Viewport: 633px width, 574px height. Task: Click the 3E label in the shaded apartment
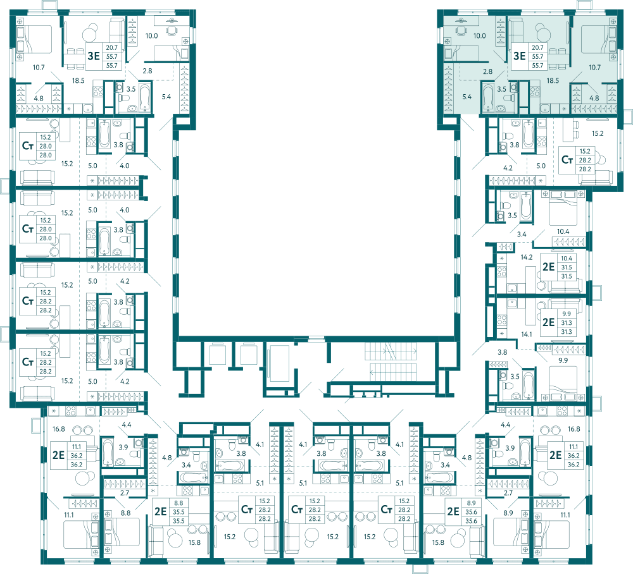pos(519,56)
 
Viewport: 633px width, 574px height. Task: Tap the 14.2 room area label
pos(527,257)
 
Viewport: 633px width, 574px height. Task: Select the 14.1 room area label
pos(527,334)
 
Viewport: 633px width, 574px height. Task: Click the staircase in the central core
pos(391,362)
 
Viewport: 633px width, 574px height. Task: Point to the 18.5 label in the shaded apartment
pos(553,81)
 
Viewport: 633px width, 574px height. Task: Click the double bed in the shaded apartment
pos(598,39)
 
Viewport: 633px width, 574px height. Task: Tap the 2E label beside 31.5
pos(548,267)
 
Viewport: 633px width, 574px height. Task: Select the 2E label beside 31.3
pos(548,322)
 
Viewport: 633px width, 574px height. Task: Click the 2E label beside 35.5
pos(160,511)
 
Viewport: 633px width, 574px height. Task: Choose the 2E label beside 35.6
pos(453,511)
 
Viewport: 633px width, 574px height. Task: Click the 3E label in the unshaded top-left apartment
pos(94,56)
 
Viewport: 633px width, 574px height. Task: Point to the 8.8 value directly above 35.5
pos(179,503)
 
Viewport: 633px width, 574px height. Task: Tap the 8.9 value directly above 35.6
pos(471,503)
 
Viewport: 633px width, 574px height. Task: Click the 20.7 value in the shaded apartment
pos(537,47)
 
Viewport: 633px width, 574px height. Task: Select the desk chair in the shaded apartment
pos(460,30)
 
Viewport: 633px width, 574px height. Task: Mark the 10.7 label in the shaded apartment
pos(594,67)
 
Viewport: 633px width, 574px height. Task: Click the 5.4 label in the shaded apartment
pos(467,97)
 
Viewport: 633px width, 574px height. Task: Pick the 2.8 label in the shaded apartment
pos(487,71)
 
